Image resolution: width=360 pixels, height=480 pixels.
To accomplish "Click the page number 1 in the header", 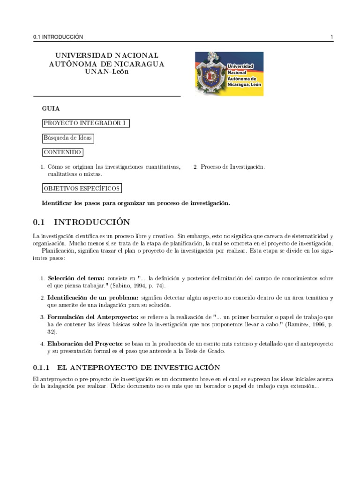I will click(x=331, y=37).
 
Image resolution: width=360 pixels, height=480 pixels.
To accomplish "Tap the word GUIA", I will click(x=51, y=108).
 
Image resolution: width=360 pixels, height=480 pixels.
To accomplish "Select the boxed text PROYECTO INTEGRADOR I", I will click(x=86, y=123).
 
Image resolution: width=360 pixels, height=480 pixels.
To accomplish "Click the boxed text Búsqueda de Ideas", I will click(x=68, y=138).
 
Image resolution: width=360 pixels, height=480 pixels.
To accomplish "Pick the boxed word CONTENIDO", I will click(x=62, y=152).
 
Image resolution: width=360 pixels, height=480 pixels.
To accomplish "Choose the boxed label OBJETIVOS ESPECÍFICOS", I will click(x=82, y=188).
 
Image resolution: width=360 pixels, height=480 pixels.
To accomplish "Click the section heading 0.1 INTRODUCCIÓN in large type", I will click(x=82, y=221).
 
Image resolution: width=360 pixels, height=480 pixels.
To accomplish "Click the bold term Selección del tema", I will click(x=77, y=278).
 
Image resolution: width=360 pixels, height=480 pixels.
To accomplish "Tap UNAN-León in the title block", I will click(x=107, y=72).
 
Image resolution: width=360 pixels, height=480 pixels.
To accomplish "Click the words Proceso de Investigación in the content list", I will click(x=232, y=166).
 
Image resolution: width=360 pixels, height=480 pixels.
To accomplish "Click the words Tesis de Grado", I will click(x=206, y=351).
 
